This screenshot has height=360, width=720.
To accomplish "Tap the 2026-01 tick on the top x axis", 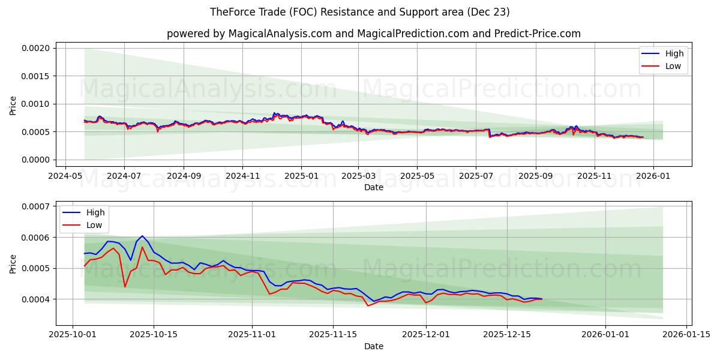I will point(653,177).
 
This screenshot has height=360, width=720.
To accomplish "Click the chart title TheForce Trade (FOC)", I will point(359,12).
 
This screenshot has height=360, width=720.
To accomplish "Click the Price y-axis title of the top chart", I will point(13,105).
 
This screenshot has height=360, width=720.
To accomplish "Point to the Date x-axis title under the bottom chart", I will point(373,346).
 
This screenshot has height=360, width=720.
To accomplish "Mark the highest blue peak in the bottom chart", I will point(142,236).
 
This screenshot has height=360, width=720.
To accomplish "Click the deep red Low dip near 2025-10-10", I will point(125,287).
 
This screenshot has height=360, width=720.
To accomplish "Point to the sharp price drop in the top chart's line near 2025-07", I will point(490,133).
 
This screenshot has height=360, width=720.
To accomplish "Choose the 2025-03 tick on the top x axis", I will point(358,177).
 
